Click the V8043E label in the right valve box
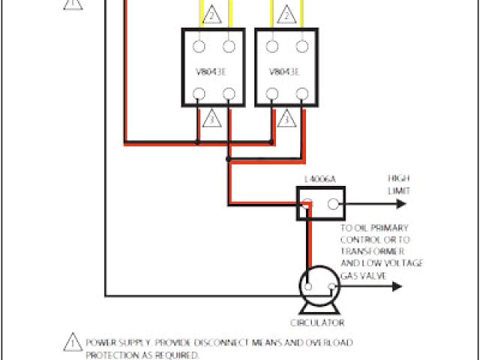click(x=284, y=73)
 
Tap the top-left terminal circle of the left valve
click(x=199, y=46)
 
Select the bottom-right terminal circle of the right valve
click(x=302, y=94)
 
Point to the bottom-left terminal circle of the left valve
click(x=199, y=94)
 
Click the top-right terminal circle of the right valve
click(x=302, y=46)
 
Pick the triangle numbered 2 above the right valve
click(x=285, y=14)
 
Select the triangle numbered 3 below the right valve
click(x=285, y=118)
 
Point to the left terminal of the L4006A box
click(x=307, y=202)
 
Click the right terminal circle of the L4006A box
click(x=334, y=202)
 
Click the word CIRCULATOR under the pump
click(x=318, y=323)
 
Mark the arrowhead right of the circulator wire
click(x=398, y=286)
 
